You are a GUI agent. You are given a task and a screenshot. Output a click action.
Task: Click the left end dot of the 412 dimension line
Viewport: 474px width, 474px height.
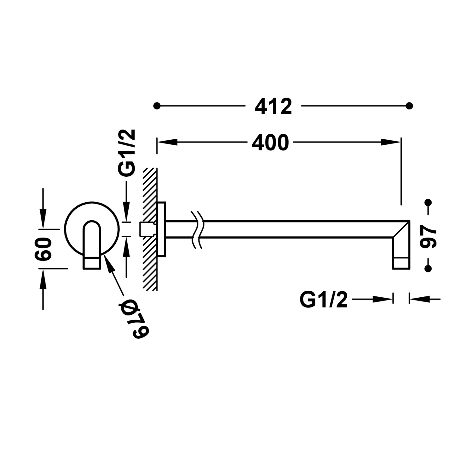(x=157, y=106)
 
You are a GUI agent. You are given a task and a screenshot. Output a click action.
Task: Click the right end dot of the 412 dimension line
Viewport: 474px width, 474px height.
(x=410, y=106)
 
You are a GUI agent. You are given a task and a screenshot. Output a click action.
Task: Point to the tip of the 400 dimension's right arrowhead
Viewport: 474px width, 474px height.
(x=401, y=142)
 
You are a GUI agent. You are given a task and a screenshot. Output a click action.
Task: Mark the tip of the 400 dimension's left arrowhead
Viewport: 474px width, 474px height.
(x=157, y=142)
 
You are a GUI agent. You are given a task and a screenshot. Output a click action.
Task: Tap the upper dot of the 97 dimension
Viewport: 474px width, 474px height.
(x=428, y=203)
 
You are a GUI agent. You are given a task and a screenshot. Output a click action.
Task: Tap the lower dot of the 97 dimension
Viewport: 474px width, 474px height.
(x=428, y=269)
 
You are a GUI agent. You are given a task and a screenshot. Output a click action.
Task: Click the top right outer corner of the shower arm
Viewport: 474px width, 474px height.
(x=410, y=221)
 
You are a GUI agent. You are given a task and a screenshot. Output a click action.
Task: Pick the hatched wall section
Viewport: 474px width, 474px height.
(x=150, y=229)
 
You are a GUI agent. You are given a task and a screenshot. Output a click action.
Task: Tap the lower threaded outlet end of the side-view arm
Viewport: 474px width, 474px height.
(x=401, y=264)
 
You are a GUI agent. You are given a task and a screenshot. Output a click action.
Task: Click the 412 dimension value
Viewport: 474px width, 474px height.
(x=273, y=106)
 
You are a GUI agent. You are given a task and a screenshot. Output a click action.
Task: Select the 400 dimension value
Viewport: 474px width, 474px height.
(x=270, y=143)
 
